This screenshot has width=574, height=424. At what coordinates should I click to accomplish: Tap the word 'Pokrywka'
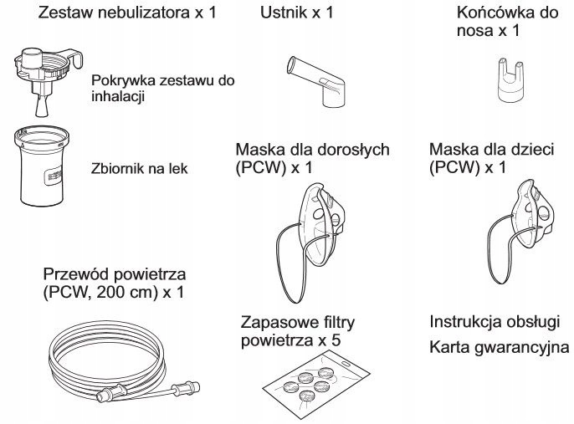pos(126,80)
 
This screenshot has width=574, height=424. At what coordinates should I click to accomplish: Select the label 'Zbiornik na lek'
pos(137,168)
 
